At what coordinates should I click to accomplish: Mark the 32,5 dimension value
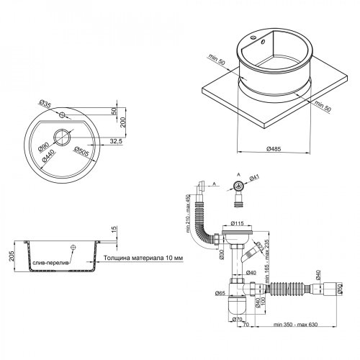tap(115, 141)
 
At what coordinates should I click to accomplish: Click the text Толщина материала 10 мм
tap(143, 257)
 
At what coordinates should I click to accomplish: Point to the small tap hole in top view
tap(62, 115)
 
